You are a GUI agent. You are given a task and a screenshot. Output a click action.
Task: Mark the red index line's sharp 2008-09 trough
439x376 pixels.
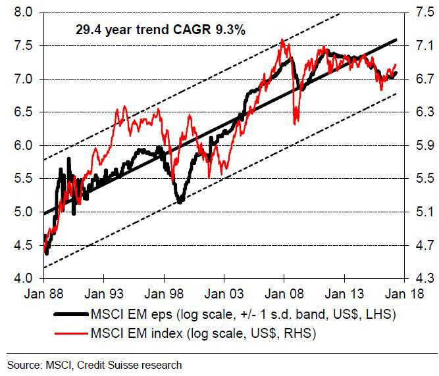tap(296, 122)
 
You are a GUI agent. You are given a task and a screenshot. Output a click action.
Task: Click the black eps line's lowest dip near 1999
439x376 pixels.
tap(179, 202)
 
